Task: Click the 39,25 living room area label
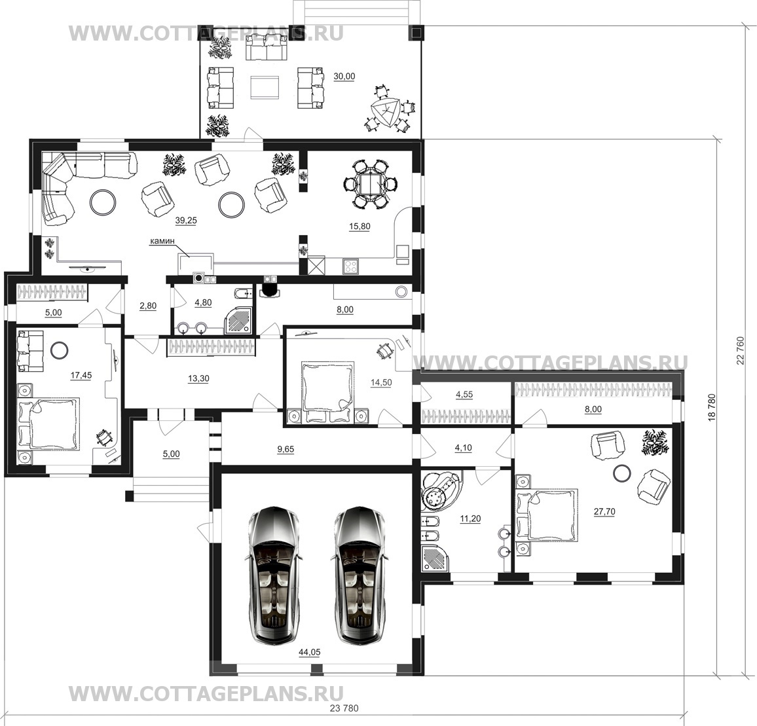186,220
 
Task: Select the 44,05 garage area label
310,652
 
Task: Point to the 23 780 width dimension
344,708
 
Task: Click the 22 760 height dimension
741,350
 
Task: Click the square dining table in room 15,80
370,184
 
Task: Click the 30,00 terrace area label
344,77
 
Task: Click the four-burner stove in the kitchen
350,266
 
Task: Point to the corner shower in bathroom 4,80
238,319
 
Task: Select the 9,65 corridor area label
286,449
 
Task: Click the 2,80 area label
148,306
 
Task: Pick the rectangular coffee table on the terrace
264,88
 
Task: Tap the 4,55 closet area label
464,394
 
